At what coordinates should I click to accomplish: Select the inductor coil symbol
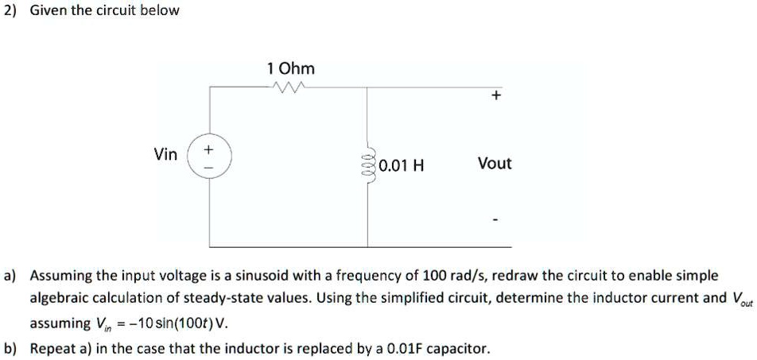point(367,166)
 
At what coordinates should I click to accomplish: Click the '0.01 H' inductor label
point(402,166)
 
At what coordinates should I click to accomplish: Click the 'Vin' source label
point(166,154)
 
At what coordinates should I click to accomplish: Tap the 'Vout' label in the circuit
point(495,164)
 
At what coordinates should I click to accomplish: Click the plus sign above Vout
point(495,96)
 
